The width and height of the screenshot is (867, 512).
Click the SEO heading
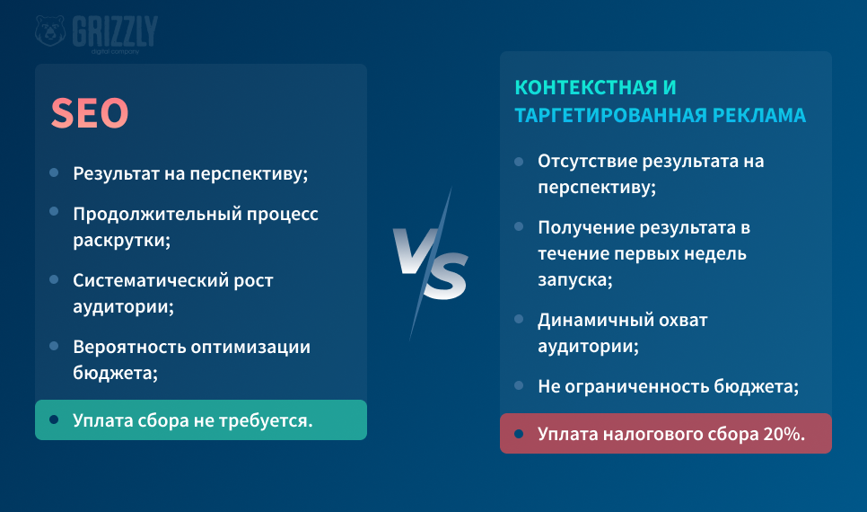click(90, 113)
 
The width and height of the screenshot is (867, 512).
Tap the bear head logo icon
click(50, 31)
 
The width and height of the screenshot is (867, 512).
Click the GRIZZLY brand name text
click(115, 31)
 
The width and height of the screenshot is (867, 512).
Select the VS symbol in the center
click(431, 263)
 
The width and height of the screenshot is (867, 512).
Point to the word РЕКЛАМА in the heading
click(759, 115)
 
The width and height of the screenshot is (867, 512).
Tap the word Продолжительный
click(157, 214)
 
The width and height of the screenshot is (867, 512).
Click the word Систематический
click(151, 280)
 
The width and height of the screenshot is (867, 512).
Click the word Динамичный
click(592, 320)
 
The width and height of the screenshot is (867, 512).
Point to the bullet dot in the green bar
click(54, 419)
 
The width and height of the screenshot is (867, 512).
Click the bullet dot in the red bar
click(519, 433)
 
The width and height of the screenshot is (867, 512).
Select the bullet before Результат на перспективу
click(54, 172)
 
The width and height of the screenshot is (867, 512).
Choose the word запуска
click(575, 280)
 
